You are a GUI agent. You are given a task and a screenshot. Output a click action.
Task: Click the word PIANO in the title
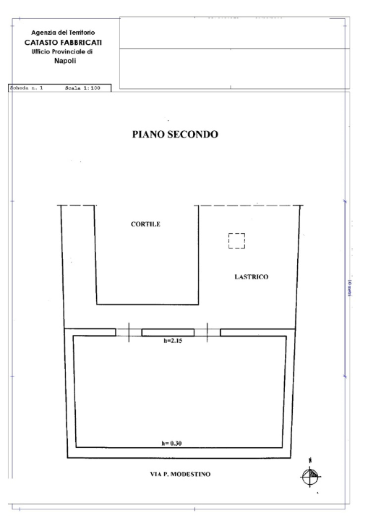click(150, 135)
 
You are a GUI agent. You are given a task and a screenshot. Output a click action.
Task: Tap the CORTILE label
click(145, 224)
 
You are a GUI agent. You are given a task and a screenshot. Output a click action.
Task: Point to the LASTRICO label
click(252, 276)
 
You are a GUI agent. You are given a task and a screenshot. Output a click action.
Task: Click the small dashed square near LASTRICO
click(236, 241)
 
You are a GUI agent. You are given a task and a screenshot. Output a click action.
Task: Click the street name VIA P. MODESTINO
click(176, 475)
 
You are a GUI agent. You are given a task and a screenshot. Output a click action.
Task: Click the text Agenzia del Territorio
click(62, 32)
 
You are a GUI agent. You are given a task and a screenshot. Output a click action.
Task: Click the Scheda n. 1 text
click(27, 88)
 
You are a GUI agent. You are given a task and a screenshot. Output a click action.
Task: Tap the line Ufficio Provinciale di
click(62, 51)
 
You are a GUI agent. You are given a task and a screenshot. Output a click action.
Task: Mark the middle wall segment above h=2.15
click(168, 332)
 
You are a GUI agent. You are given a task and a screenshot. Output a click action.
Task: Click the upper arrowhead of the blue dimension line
click(343, 202)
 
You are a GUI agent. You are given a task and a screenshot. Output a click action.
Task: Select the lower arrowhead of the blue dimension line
click(343, 376)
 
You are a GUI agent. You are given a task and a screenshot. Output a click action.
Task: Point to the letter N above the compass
click(310, 459)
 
